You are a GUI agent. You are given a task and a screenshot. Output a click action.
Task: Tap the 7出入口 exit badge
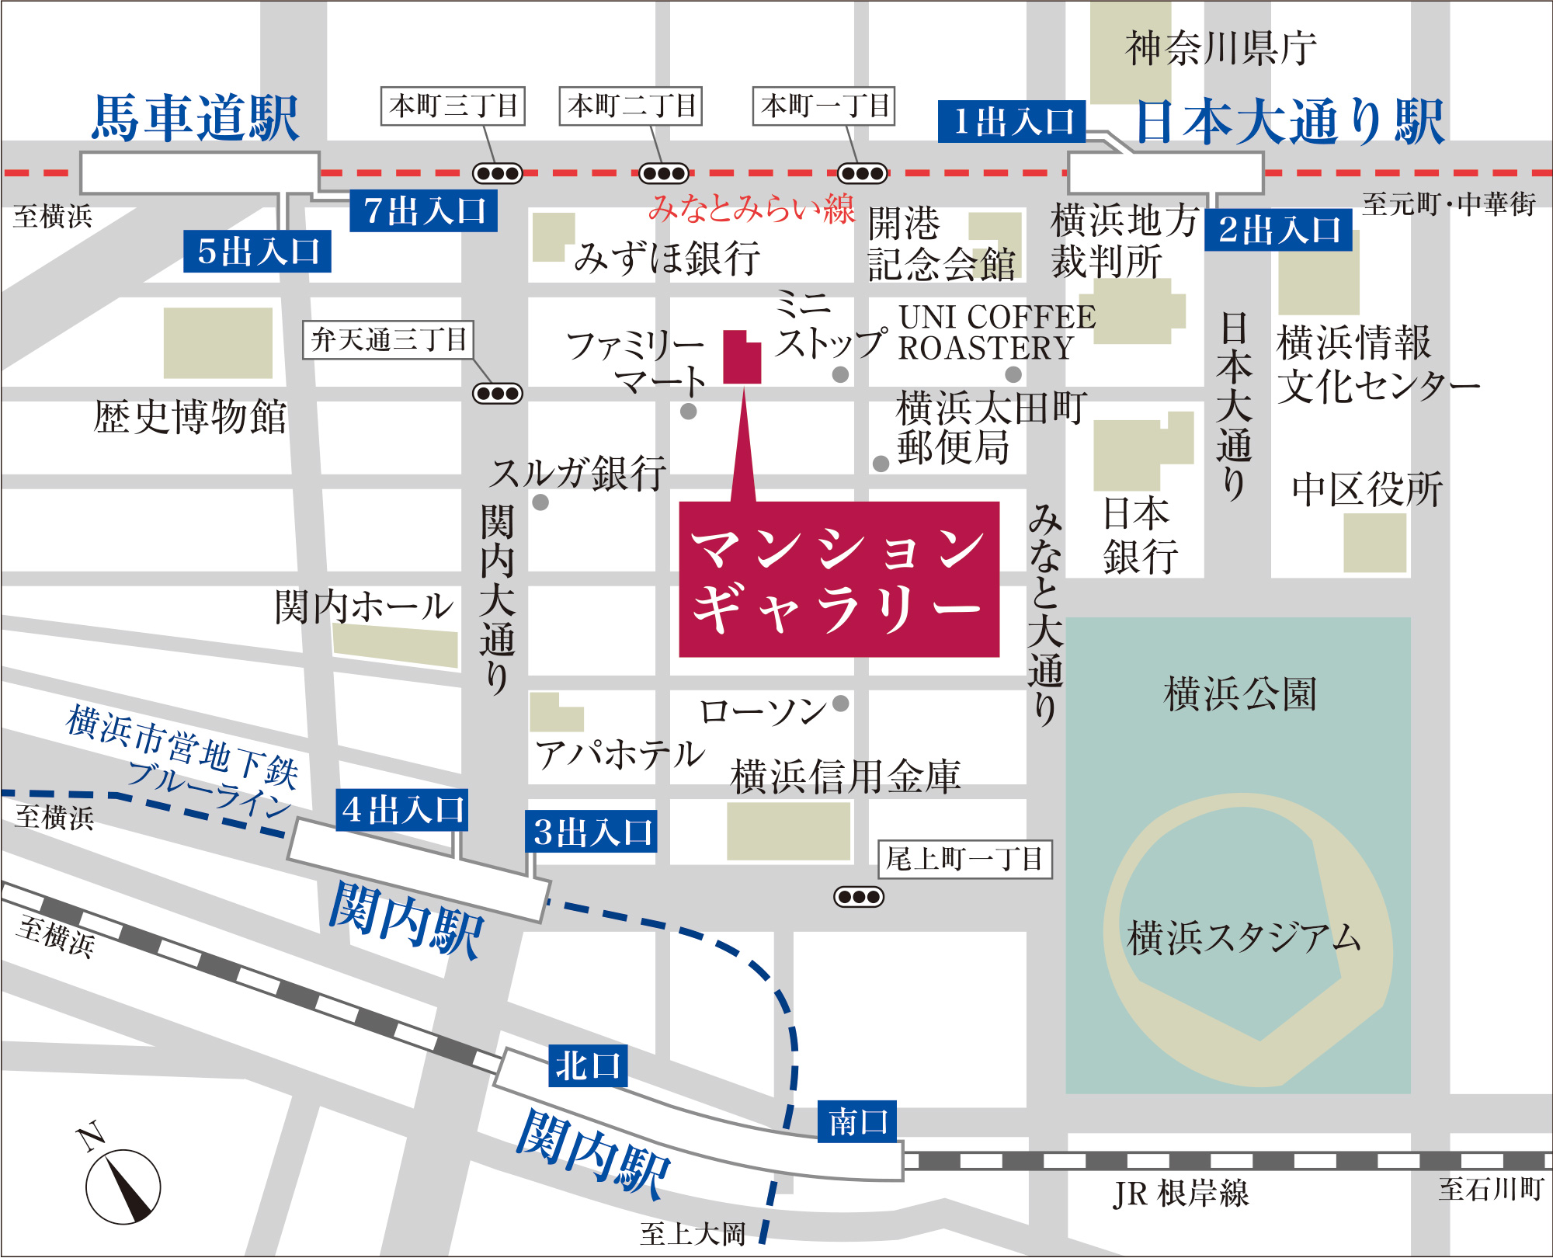pos(423,211)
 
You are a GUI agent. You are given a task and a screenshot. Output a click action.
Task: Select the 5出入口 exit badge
pos(257,252)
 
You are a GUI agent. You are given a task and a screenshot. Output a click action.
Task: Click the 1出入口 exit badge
pos(1011,122)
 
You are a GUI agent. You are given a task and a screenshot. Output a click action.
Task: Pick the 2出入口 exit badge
pos(1278,230)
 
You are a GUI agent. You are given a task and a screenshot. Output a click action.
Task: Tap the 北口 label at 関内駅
pos(588,1065)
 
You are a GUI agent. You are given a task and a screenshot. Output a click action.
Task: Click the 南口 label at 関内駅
pos(857,1121)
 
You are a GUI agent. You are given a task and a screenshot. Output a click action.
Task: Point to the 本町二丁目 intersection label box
pos(631,106)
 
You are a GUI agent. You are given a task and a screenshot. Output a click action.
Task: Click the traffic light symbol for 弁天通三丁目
pos(498,394)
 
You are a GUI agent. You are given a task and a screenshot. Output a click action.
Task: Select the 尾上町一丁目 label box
pos(964,859)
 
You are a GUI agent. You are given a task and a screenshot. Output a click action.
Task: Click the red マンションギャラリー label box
pos(839,579)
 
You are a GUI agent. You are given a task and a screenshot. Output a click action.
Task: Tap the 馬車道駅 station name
pos(196,118)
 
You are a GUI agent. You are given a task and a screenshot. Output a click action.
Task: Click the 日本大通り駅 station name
pos(1289,122)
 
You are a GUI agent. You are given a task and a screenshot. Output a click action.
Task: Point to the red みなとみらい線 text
pos(751,208)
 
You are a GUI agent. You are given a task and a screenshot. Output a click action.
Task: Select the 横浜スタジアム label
pos(1243,937)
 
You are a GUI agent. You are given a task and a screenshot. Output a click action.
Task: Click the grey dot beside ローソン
pos(840,704)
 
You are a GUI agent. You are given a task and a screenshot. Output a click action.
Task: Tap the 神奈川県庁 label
pos(1221,48)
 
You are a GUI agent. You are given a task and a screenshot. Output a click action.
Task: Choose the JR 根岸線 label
pos(1180,1194)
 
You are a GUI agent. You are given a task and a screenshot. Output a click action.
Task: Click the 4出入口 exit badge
pos(401,810)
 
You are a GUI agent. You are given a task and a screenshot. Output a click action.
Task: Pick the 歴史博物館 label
pos(190,417)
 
